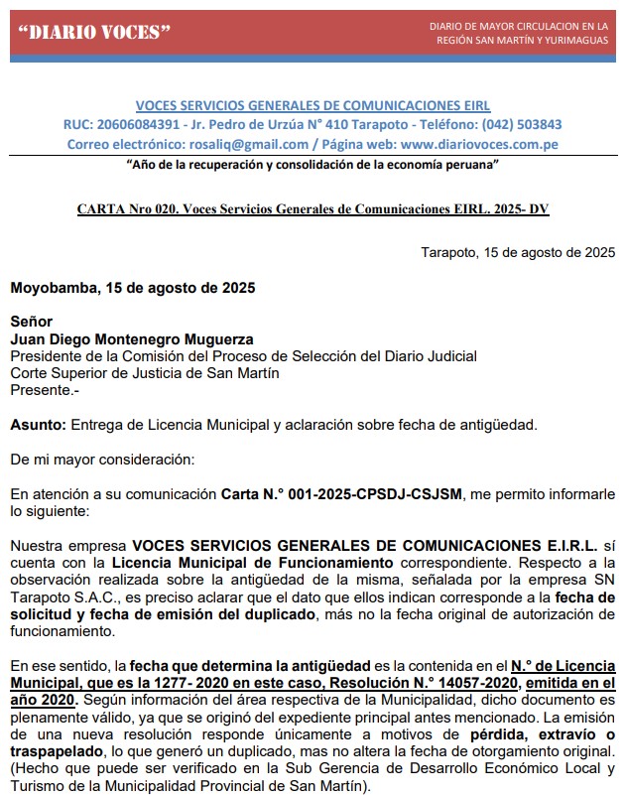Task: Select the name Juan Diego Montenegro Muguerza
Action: (132, 339)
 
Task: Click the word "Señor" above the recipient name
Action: (31, 323)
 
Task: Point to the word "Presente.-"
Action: (45, 390)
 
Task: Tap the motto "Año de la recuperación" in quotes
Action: (312, 163)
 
